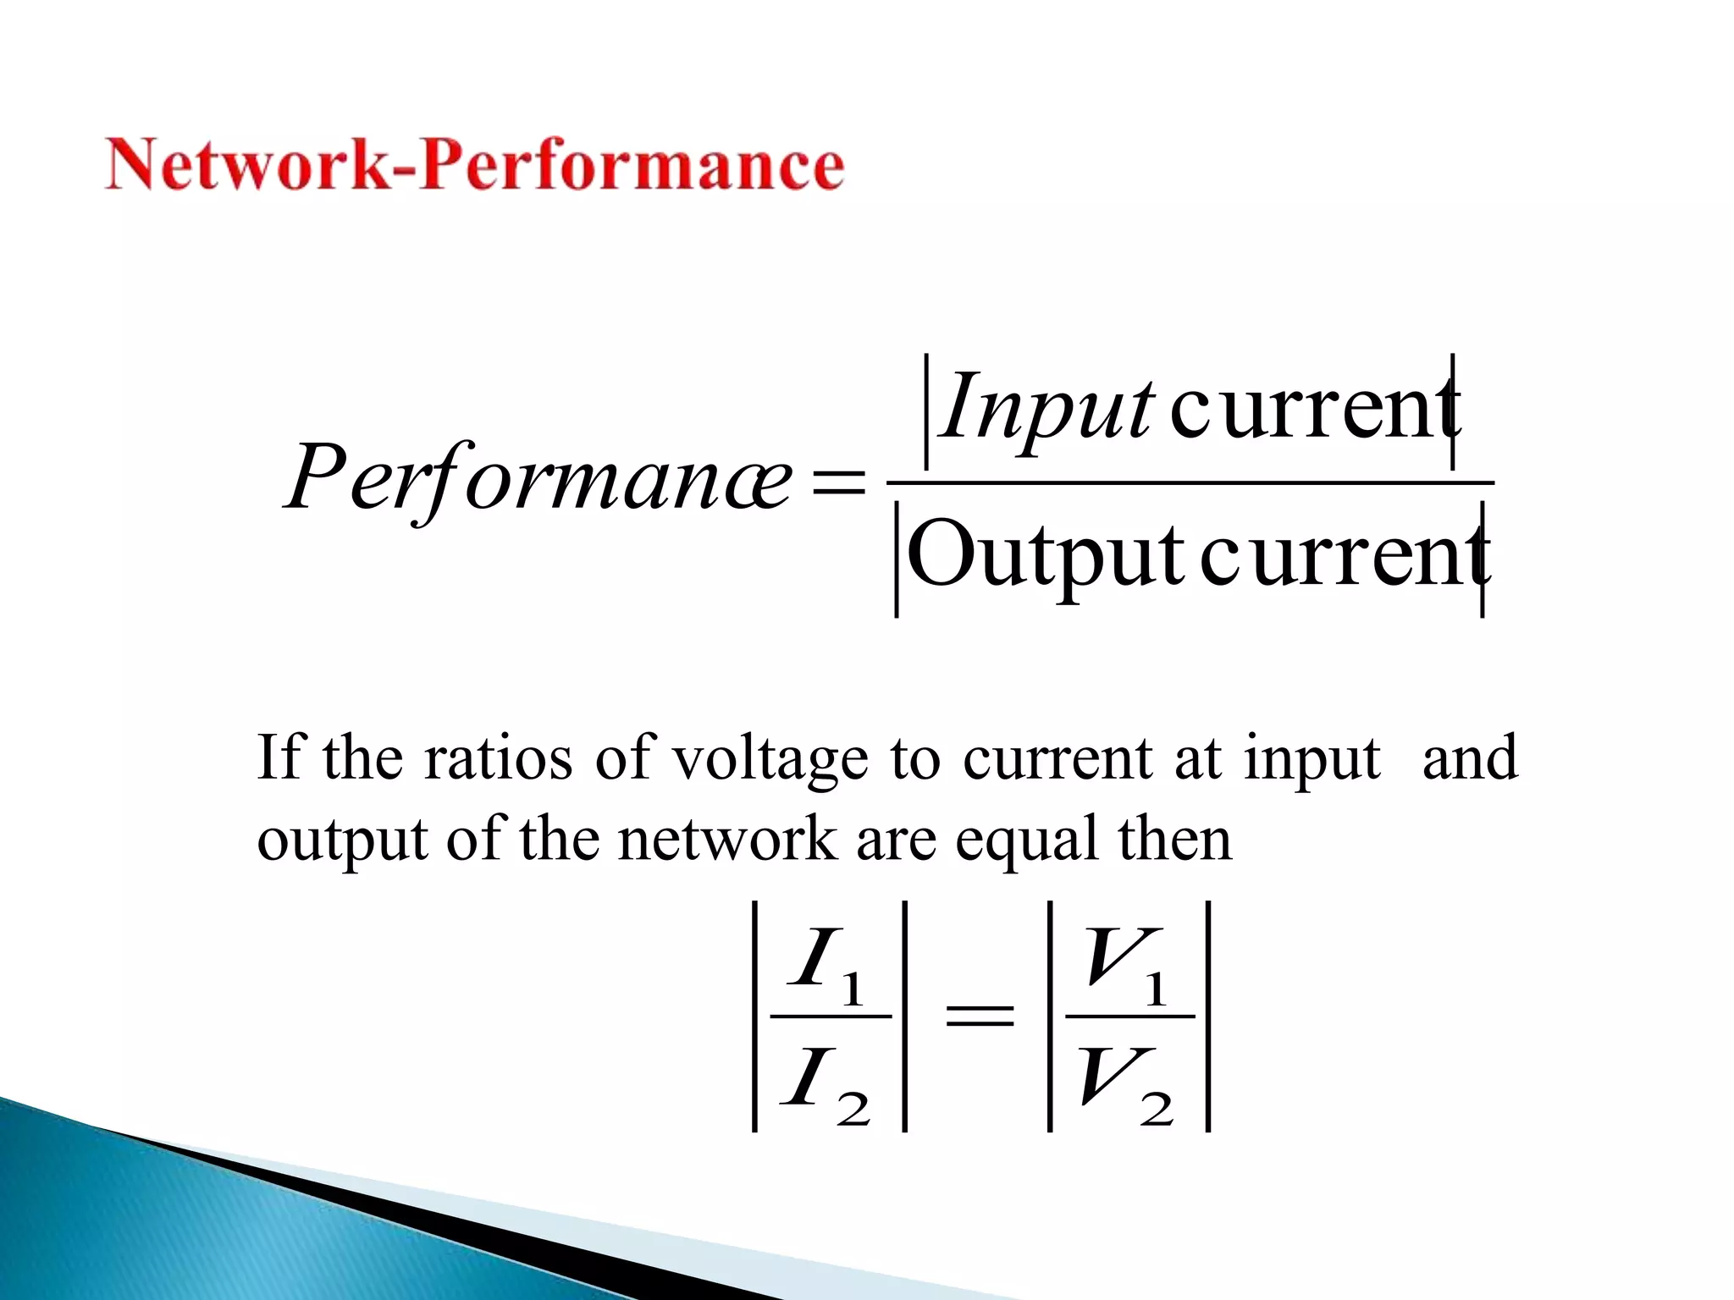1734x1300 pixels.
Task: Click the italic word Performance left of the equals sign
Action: [x=538, y=479]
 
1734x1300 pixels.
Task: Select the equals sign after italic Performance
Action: [x=837, y=482]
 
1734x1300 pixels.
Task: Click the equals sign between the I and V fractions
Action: [x=980, y=1016]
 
